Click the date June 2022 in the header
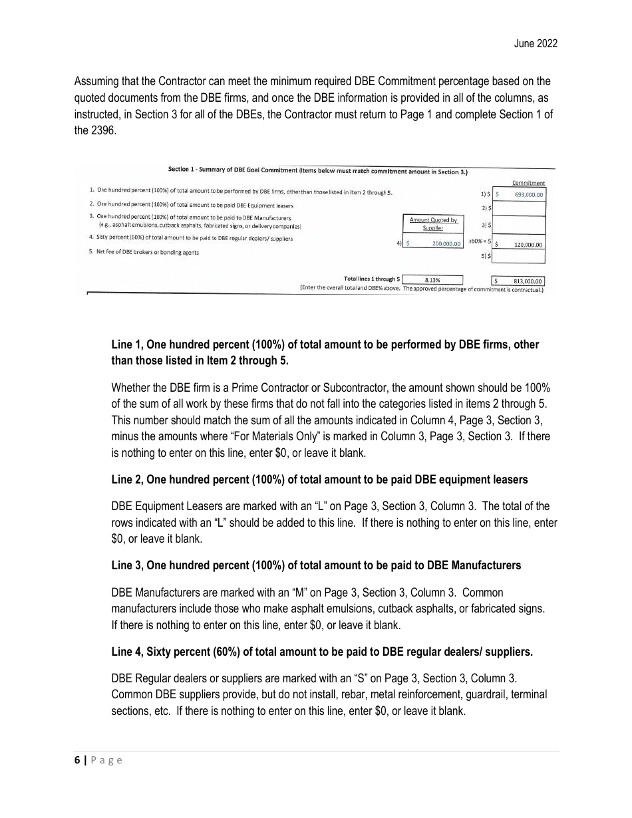click(x=536, y=44)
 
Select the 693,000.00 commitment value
click(x=520, y=195)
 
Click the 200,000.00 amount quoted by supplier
click(x=432, y=244)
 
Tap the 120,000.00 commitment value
click(x=520, y=244)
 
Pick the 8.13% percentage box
click(x=432, y=281)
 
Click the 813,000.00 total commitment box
click(x=518, y=281)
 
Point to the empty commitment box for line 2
click(x=520, y=208)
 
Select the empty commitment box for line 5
click(x=520, y=256)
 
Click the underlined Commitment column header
click(x=528, y=183)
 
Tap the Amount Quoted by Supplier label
click(x=433, y=223)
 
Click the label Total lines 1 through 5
click(x=371, y=279)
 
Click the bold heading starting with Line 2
click(x=319, y=479)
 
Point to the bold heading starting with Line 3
click(x=316, y=565)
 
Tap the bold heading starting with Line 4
click(x=322, y=652)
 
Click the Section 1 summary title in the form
click(x=318, y=171)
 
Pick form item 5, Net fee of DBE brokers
click(x=144, y=252)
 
